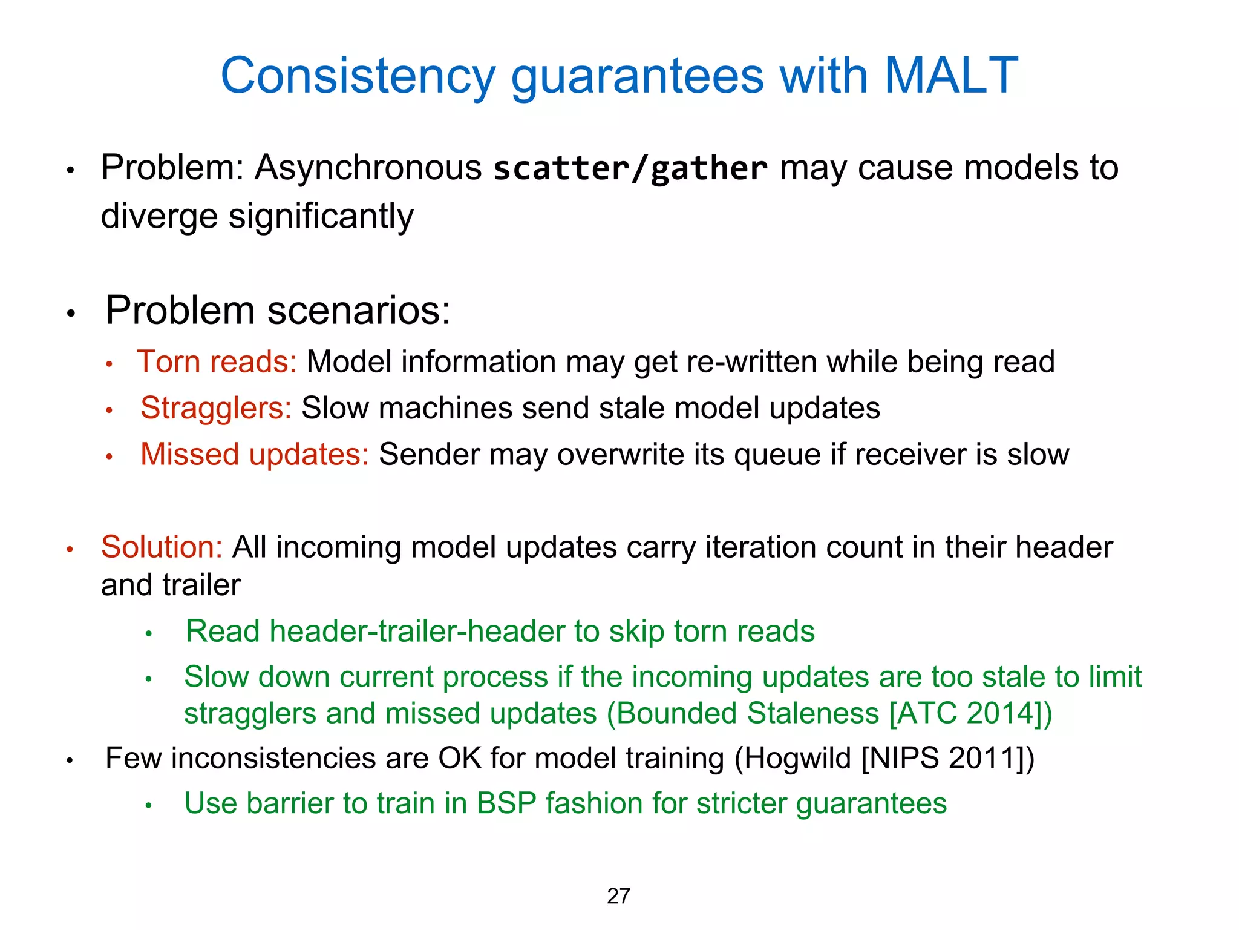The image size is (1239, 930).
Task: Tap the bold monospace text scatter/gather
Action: pos(630,168)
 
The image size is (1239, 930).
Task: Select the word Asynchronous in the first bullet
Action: pos(368,168)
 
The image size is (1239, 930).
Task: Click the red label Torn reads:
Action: pos(217,362)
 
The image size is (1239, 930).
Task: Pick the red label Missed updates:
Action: pos(254,454)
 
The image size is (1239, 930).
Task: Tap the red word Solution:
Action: pos(162,547)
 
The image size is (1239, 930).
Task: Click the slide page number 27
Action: pos(618,896)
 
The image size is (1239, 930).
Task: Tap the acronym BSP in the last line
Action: pos(506,804)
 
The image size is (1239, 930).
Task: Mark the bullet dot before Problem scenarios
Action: pos(71,313)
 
